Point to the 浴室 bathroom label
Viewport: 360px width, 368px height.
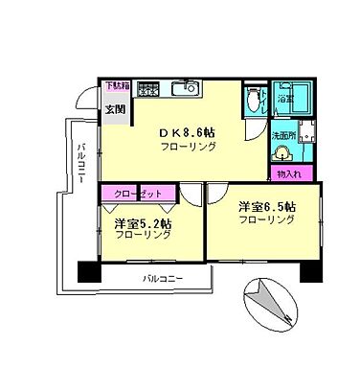(x=285, y=99)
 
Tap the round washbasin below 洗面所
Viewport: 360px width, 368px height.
(x=283, y=154)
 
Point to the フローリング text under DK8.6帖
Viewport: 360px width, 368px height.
(x=188, y=147)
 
